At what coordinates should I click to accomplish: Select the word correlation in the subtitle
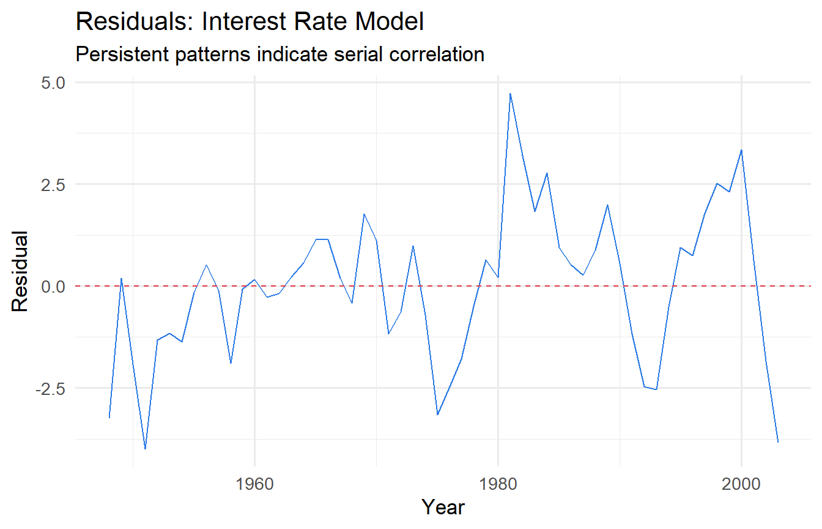(437, 54)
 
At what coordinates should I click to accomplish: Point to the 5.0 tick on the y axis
(53, 83)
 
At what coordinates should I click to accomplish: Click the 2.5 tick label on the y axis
(53, 185)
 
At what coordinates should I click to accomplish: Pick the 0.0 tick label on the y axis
(53, 287)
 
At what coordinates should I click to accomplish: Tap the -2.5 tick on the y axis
(50, 389)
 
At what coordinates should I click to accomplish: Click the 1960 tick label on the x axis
(254, 484)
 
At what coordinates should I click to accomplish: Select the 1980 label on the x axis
(498, 484)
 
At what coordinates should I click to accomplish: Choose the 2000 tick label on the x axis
(741, 484)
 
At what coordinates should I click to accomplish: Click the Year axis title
(443, 508)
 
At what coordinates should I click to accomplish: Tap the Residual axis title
(20, 271)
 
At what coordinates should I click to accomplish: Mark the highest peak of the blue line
(510, 94)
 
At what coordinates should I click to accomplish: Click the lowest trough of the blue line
(146, 449)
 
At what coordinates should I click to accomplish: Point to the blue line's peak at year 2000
(742, 150)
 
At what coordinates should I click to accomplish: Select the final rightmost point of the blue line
(778, 442)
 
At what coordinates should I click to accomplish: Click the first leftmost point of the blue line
(109, 418)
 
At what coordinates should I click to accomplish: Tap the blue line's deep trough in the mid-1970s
(437, 415)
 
